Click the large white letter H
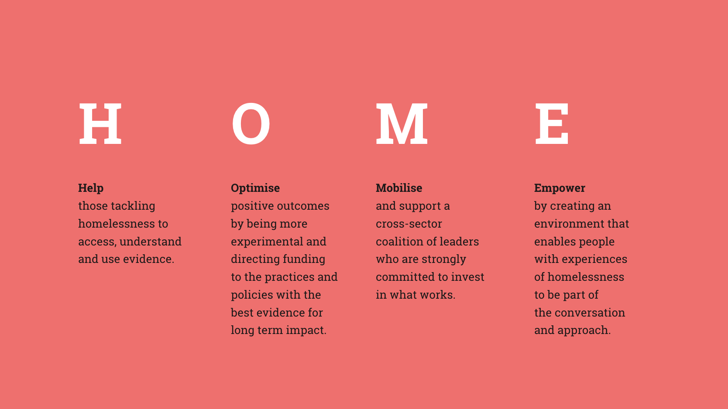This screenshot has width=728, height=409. [x=100, y=123]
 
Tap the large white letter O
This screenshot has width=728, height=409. [x=251, y=123]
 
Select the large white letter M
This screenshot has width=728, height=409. [x=402, y=123]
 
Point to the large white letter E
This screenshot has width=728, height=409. [x=552, y=123]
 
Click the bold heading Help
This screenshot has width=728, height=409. [x=91, y=188]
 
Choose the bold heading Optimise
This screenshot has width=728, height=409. [x=255, y=188]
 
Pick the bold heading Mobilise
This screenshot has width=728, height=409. [x=399, y=188]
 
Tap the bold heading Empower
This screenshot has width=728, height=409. [x=560, y=188]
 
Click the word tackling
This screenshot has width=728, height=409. [x=133, y=206]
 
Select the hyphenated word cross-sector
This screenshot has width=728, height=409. [x=409, y=224]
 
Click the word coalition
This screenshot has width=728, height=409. [x=398, y=242]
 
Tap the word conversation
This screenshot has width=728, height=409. [x=590, y=313]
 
